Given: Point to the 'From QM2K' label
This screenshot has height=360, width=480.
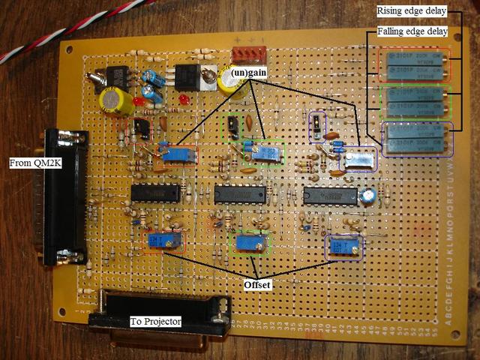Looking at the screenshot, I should (x=29, y=163).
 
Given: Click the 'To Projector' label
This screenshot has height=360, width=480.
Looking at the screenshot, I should (x=157, y=322).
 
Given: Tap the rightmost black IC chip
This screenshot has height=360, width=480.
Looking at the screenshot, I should (x=330, y=195).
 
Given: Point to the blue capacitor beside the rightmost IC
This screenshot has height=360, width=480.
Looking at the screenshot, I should (x=367, y=196).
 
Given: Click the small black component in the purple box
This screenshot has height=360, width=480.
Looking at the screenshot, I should (x=319, y=127).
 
